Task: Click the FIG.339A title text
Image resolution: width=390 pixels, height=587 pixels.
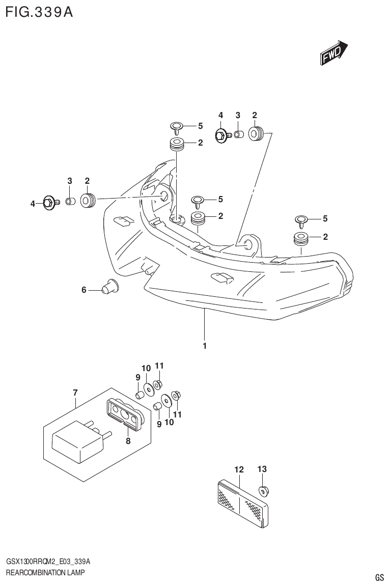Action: coord(39,12)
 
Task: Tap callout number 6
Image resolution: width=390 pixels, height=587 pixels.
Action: coord(84,290)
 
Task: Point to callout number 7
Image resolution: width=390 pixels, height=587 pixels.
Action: coord(75,392)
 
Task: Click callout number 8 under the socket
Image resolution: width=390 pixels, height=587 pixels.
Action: coord(128,441)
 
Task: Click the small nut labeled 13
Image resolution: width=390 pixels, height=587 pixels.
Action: coord(264,491)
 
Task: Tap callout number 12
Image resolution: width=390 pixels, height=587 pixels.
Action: coord(239,469)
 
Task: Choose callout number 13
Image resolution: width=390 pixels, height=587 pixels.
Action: coord(262,469)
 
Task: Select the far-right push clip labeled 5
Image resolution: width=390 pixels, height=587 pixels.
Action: coord(301,220)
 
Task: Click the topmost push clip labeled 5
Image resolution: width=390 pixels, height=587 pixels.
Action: coord(177,126)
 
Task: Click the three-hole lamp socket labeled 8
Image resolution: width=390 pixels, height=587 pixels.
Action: coord(125,412)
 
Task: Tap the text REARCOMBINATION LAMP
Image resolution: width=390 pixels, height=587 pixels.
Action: coord(45,573)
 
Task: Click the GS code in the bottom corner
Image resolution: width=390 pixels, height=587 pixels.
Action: coord(379,577)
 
